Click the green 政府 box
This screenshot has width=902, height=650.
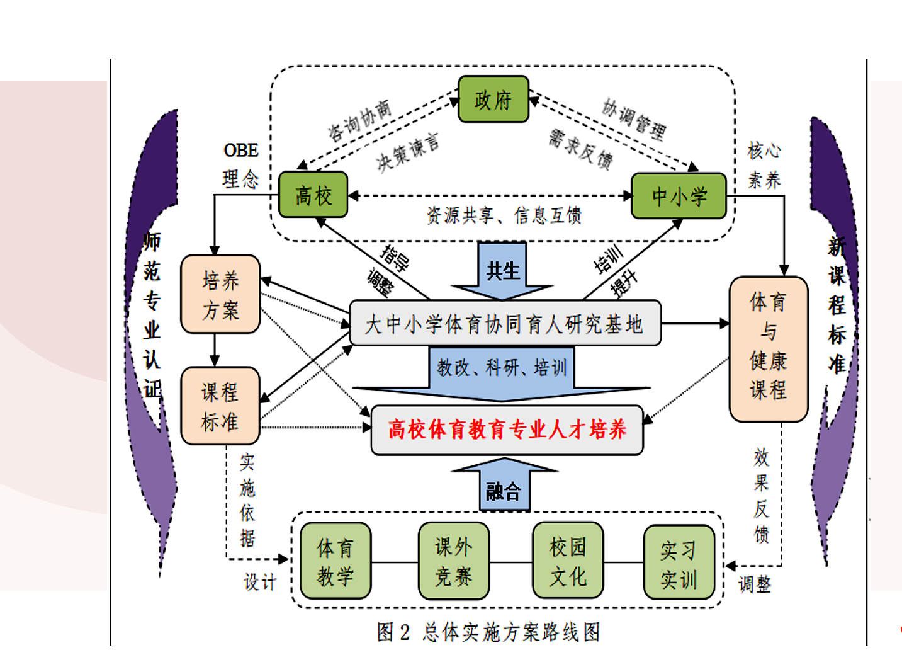pyautogui.click(x=493, y=100)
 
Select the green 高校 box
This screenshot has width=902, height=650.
pyautogui.click(x=313, y=195)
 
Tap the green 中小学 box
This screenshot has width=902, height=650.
pyautogui.click(x=679, y=196)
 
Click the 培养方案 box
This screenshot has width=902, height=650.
pyautogui.click(x=220, y=294)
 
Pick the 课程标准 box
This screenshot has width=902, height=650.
pyautogui.click(x=220, y=406)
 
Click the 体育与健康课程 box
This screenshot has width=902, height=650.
pyautogui.click(x=768, y=349)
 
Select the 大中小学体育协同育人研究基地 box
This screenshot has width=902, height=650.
pyautogui.click(x=505, y=324)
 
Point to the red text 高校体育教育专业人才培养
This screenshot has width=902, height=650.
pyautogui.click(x=507, y=430)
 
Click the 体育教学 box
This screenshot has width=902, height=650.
pyautogui.click(x=335, y=561)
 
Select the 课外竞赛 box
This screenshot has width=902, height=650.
pyautogui.click(x=453, y=561)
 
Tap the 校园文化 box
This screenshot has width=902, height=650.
pyautogui.click(x=568, y=561)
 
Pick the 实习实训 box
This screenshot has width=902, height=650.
pyautogui.click(x=679, y=562)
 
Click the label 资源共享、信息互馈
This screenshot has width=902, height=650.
pyautogui.click(x=504, y=216)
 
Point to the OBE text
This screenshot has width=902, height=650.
pyautogui.click(x=241, y=151)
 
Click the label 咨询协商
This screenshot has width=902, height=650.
pyautogui.click(x=359, y=120)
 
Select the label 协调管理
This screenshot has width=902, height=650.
pyautogui.click(x=634, y=119)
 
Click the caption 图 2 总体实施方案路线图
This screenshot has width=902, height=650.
pyautogui.click(x=488, y=632)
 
